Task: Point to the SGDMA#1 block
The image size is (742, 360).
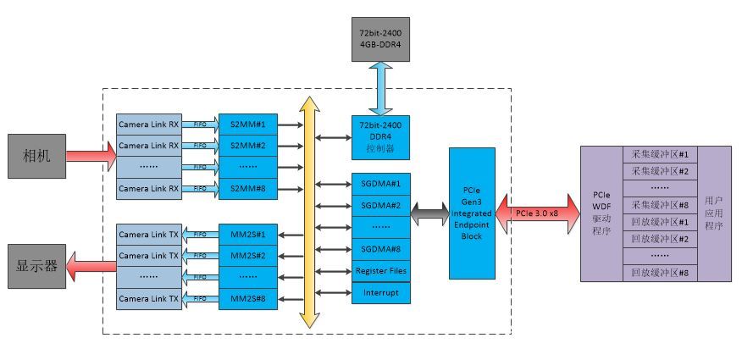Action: (380, 183)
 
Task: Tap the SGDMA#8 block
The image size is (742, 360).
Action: (380, 249)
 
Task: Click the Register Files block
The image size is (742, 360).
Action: (380, 271)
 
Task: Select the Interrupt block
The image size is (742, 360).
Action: (380, 293)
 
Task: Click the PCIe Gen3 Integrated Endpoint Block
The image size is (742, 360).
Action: (473, 213)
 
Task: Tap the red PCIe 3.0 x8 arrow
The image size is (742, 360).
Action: (538, 213)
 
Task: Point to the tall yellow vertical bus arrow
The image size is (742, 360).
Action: (309, 212)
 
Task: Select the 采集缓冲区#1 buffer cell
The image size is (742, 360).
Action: (660, 155)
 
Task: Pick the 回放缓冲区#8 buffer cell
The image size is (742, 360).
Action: (660, 273)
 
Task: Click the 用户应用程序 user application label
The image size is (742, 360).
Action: (713, 213)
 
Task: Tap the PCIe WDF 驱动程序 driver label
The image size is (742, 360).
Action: (601, 213)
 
